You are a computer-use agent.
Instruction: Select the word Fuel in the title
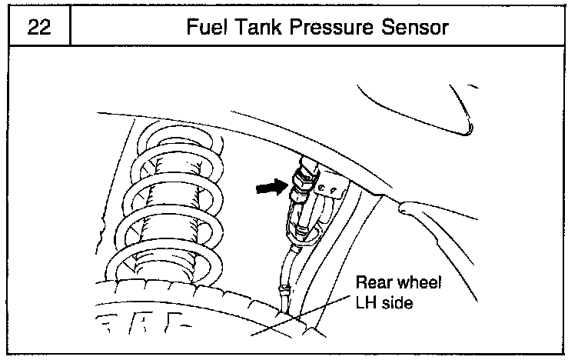pos(208,27)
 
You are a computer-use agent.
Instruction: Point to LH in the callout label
pos(367,303)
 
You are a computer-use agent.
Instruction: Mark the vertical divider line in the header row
pos(70,27)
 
